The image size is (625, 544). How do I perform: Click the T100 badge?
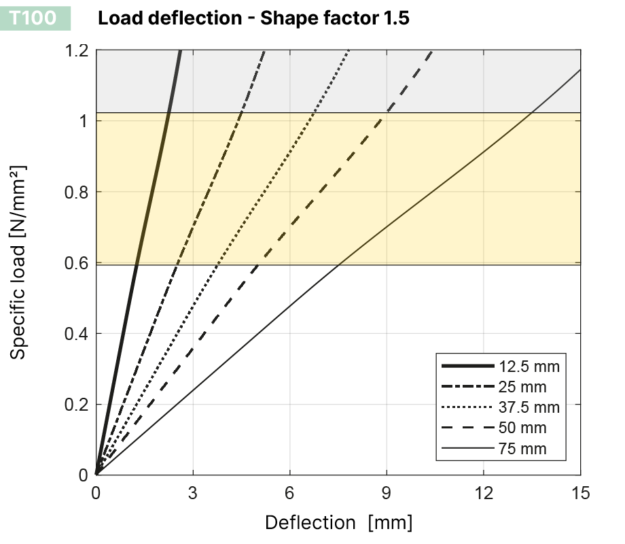[33, 18]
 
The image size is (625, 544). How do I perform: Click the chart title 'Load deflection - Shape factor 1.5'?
[253, 18]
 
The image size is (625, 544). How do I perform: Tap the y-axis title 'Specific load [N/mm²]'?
[19, 261]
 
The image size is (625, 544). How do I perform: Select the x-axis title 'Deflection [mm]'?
[338, 522]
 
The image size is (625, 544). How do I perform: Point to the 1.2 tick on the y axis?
[77, 50]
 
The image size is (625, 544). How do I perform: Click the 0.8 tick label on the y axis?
[77, 192]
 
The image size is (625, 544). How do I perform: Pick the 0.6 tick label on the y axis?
[77, 262]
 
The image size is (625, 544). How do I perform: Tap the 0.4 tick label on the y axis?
[77, 333]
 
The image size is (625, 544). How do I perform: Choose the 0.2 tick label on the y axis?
[77, 404]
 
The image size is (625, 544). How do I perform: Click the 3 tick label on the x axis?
[193, 493]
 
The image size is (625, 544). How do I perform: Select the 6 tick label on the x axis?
[290, 493]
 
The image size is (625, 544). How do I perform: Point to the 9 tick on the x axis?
[387, 493]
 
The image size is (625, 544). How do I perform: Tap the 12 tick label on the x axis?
[483, 493]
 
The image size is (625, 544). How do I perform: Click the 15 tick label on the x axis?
[580, 493]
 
